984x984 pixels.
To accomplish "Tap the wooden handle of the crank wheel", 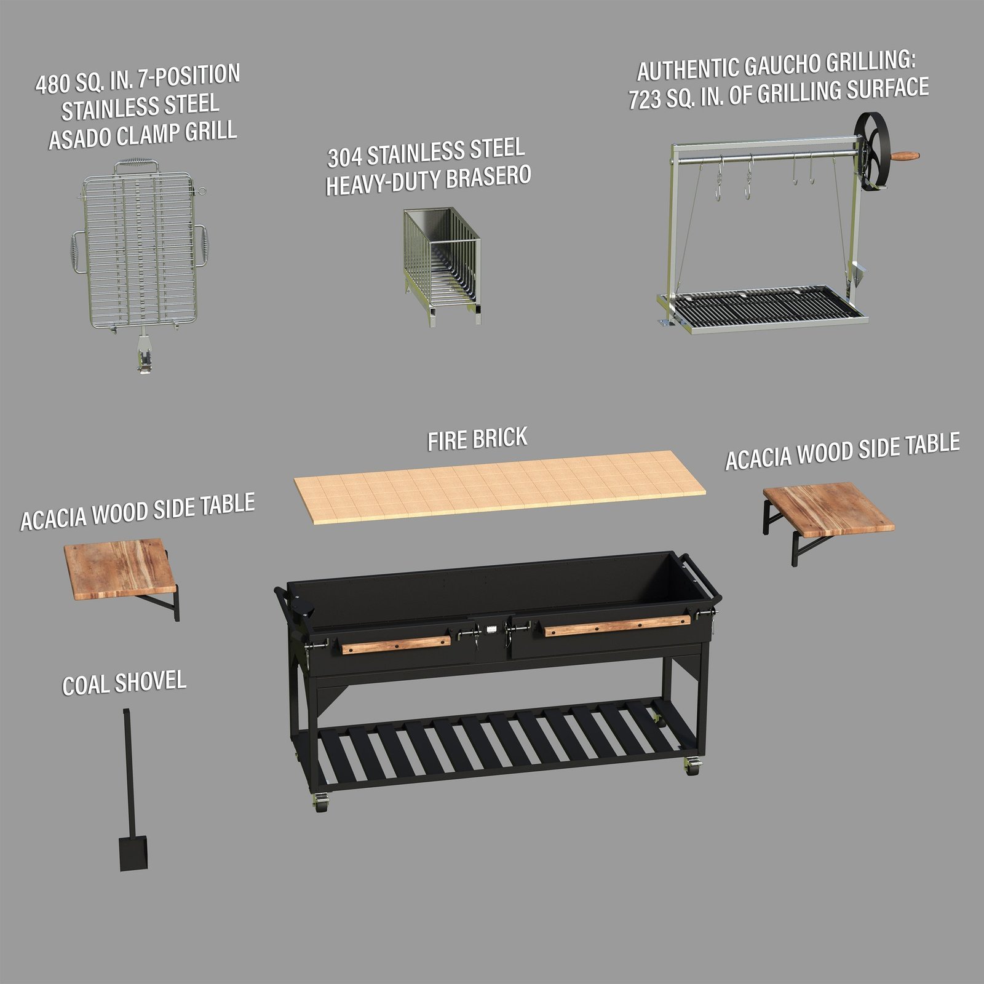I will [906, 156].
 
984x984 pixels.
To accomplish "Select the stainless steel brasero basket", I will [442, 264].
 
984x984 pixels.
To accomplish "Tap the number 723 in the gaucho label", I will [644, 99].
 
